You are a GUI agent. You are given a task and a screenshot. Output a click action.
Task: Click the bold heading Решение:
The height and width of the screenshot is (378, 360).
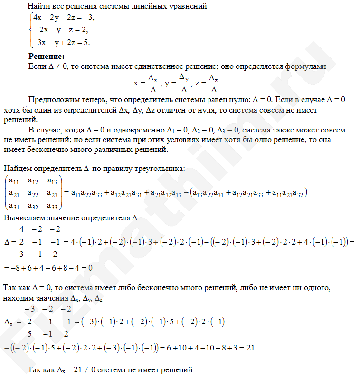(x=47, y=57)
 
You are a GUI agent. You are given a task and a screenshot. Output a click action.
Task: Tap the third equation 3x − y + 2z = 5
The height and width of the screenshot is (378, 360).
(x=64, y=42)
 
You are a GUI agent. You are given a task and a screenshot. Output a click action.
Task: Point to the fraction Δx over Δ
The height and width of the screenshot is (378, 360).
(x=153, y=83)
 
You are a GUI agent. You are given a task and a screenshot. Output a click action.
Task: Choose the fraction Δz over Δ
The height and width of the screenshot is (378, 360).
(x=214, y=83)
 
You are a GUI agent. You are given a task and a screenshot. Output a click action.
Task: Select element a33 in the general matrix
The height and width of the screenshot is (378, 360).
(x=53, y=206)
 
